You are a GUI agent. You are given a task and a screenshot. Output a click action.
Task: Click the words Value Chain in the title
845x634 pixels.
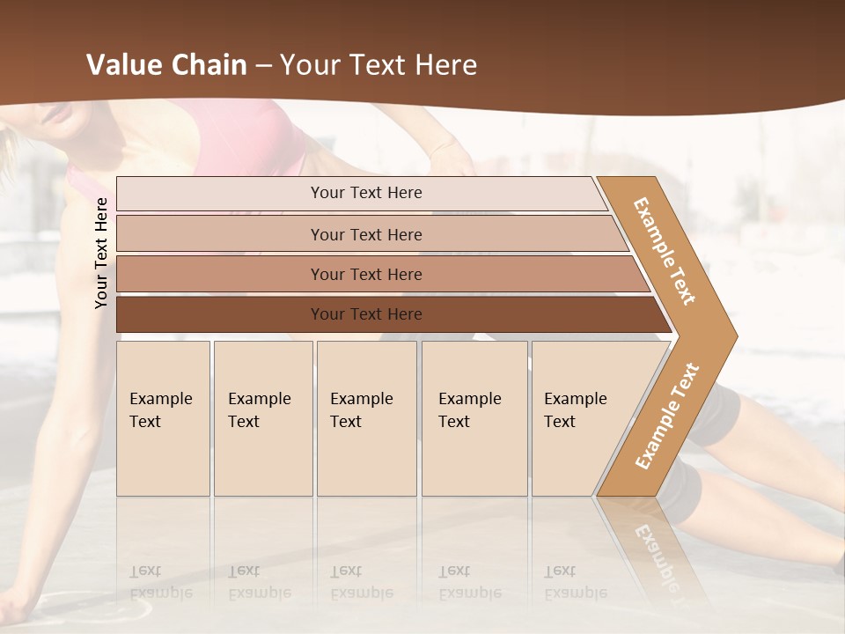coord(166,65)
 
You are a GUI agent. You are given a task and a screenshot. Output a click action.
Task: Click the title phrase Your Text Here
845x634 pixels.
coord(378,65)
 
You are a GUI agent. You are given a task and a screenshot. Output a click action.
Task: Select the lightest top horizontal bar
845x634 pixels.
coord(361,193)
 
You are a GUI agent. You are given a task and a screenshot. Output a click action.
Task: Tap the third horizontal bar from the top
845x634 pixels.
coord(378,274)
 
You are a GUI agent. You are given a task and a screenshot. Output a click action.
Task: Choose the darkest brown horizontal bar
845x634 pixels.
coord(387,314)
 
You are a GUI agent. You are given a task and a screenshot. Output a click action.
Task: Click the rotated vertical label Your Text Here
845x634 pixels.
coord(101,253)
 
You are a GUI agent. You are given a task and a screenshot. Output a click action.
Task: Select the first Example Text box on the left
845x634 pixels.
coord(163,418)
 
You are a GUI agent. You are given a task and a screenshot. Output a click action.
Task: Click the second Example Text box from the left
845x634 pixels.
coord(263,418)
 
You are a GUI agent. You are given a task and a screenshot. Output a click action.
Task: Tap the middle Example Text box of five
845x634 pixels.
coord(366,418)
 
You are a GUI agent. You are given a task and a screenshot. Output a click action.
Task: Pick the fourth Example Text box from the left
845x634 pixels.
coord(474,418)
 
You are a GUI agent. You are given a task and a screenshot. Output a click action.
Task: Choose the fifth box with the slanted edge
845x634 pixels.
coord(581,418)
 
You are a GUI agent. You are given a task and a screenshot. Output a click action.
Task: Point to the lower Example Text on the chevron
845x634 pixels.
coord(667,416)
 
